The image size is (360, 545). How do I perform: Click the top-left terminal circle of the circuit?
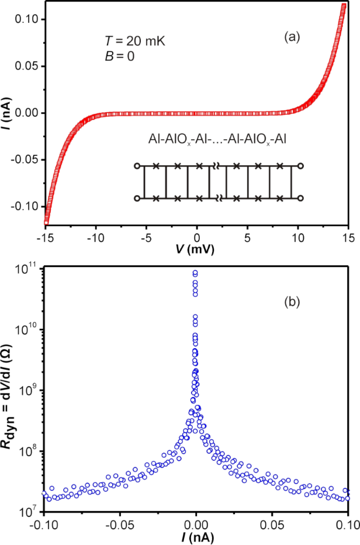[x=137, y=166]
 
